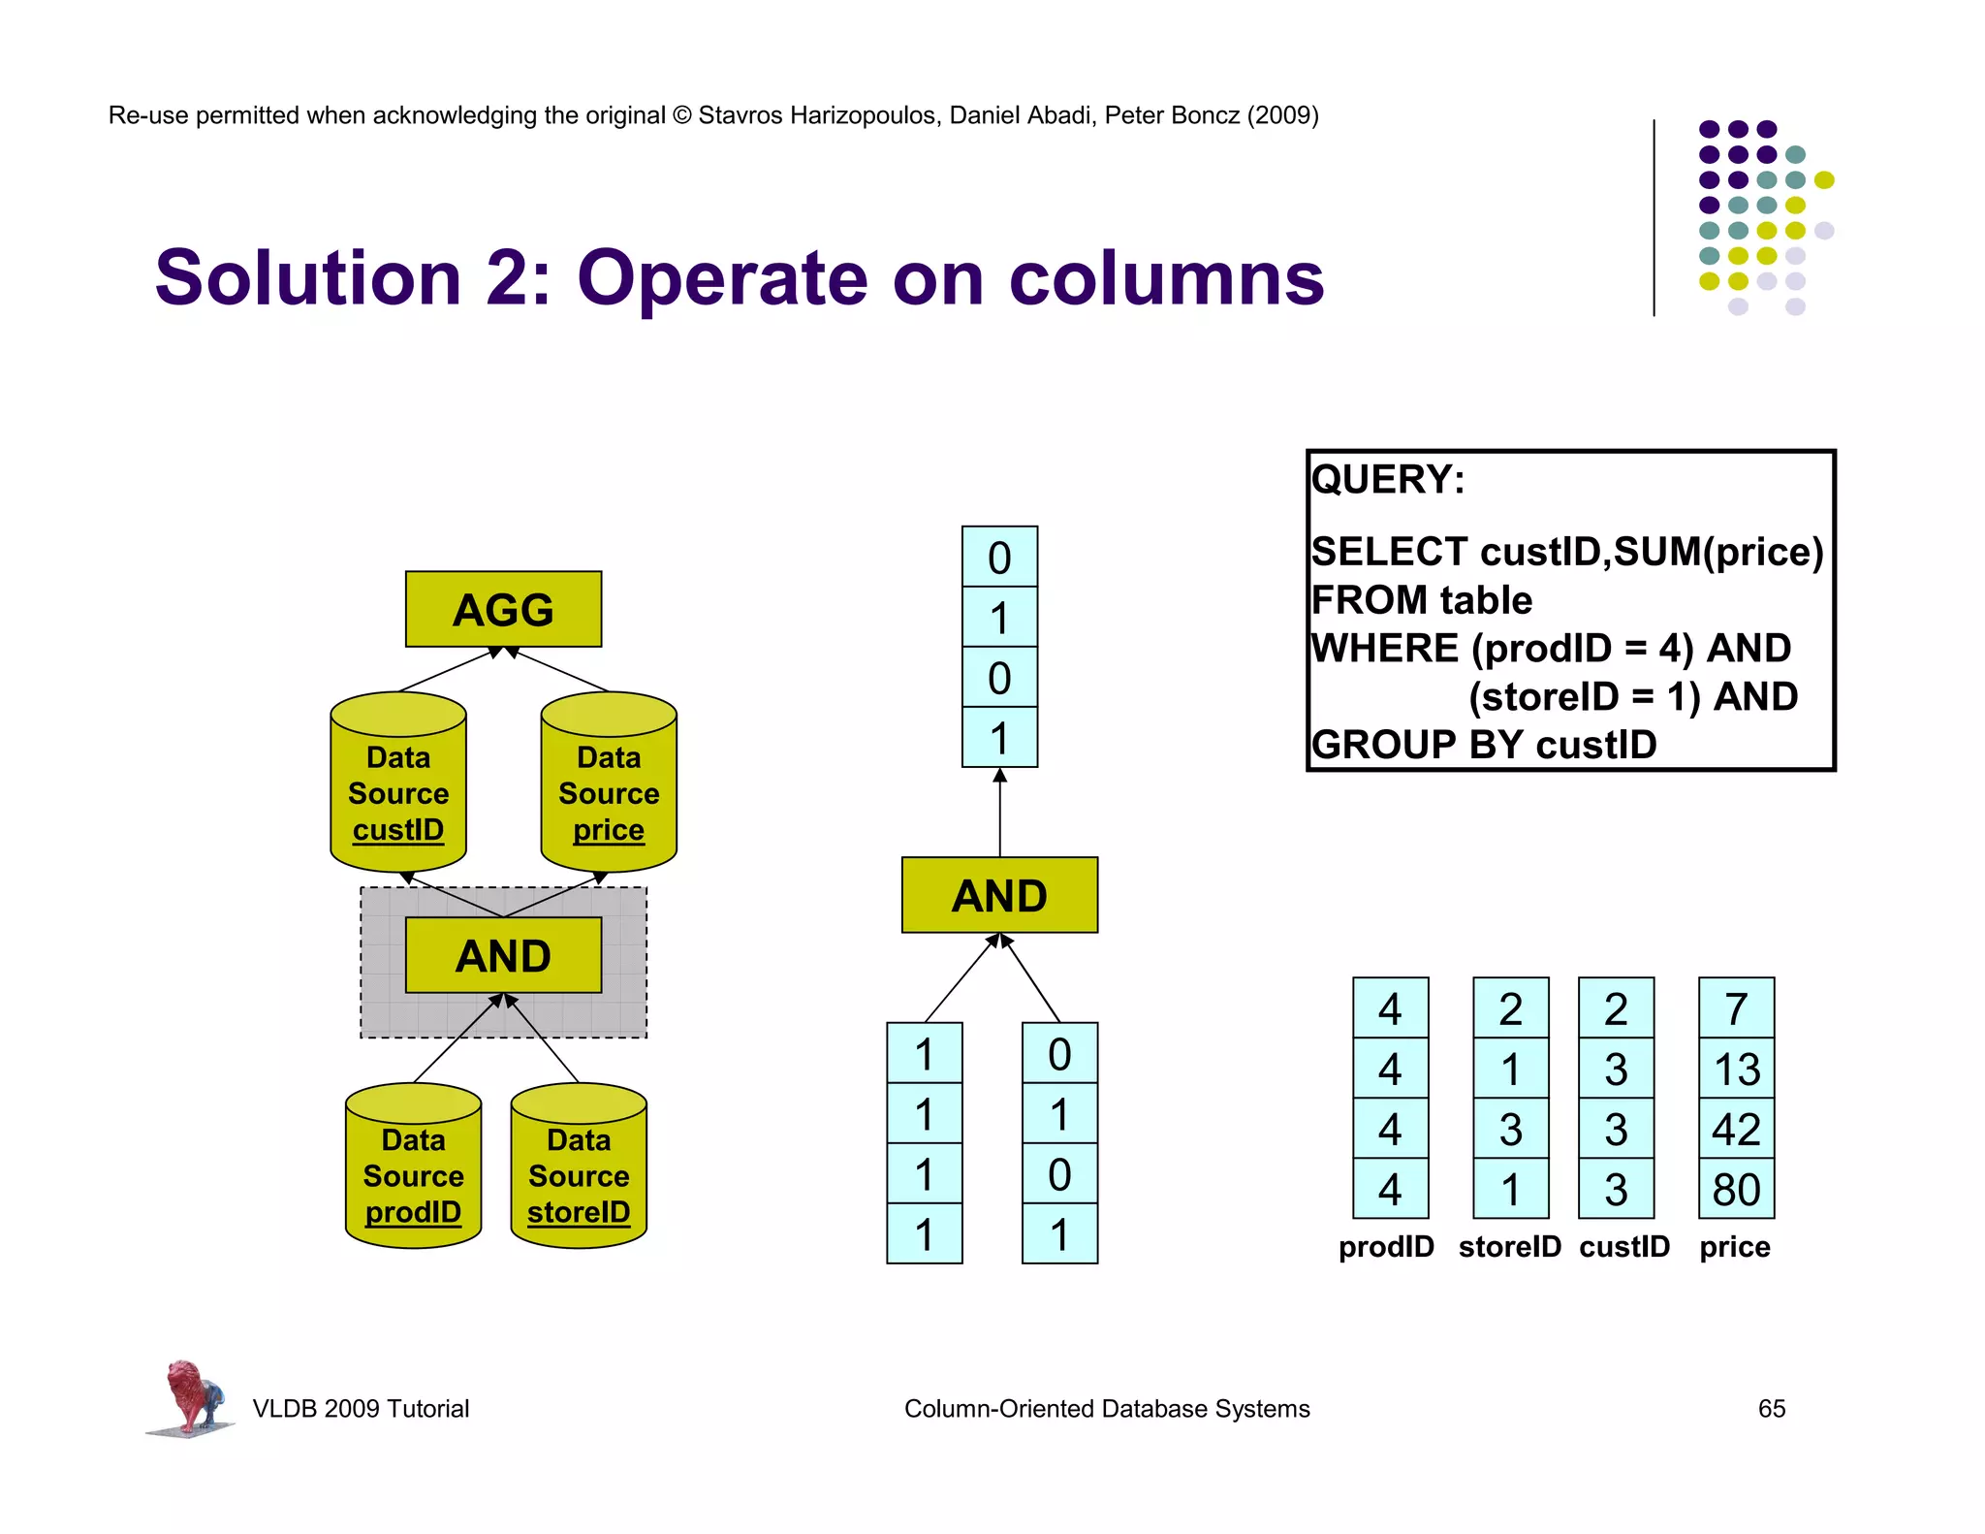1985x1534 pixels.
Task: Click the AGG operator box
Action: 503,609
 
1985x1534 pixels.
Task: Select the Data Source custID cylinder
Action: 398,785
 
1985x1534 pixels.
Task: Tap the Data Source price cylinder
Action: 609,785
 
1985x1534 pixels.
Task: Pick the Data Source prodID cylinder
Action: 413,1168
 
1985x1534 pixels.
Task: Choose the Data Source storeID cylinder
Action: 579,1168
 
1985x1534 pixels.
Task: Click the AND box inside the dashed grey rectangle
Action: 503,955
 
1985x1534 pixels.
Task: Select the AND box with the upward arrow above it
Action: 999,895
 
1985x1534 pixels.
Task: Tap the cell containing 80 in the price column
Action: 1736,1189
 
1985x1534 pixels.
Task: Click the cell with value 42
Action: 1736,1129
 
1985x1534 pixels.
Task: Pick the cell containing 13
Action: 1736,1069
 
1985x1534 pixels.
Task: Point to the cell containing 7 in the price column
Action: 1736,1008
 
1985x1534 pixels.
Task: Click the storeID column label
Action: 1509,1246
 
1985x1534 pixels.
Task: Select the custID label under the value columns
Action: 1624,1246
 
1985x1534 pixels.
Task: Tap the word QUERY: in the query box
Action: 1388,480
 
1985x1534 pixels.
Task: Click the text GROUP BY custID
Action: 1483,745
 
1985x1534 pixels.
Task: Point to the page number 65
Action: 1771,1408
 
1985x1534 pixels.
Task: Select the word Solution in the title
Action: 308,278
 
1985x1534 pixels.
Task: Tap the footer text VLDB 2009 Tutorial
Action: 361,1408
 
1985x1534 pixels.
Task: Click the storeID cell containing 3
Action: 1510,1129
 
